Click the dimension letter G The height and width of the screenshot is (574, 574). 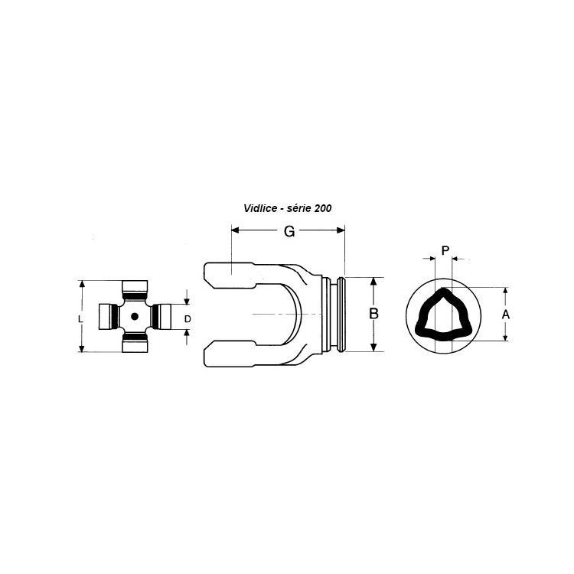[x=289, y=231]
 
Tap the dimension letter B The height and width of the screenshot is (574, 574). [x=373, y=314]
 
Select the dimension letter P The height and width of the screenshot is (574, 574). [x=445, y=251]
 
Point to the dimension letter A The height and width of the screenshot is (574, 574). [x=506, y=315]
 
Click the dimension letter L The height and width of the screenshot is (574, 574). [x=81, y=319]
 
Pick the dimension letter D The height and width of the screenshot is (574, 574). [x=188, y=319]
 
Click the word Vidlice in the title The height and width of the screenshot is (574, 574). [x=260, y=208]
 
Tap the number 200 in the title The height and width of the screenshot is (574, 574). [x=323, y=208]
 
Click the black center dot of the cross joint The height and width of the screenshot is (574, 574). [x=135, y=316]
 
